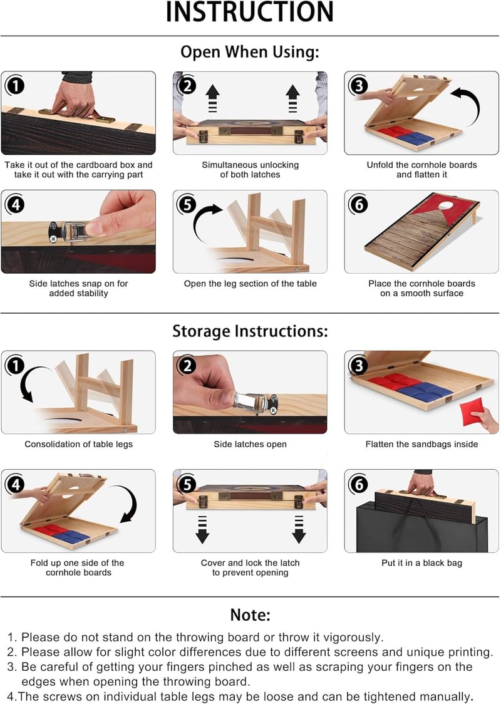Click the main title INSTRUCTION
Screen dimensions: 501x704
[250, 12]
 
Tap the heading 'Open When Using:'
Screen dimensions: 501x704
[250, 51]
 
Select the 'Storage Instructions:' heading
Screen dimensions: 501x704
[250, 331]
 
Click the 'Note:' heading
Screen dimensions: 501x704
[250, 614]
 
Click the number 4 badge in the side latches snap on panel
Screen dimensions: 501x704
[16, 205]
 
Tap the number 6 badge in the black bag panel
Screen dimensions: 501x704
[359, 484]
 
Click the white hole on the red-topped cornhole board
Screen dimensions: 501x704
[445, 205]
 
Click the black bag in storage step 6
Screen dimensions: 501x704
[422, 530]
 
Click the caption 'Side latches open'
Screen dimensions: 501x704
[250, 444]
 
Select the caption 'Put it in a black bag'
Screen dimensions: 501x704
[421, 562]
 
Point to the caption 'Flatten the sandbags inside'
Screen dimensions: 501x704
[421, 444]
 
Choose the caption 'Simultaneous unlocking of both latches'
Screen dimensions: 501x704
[250, 170]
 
